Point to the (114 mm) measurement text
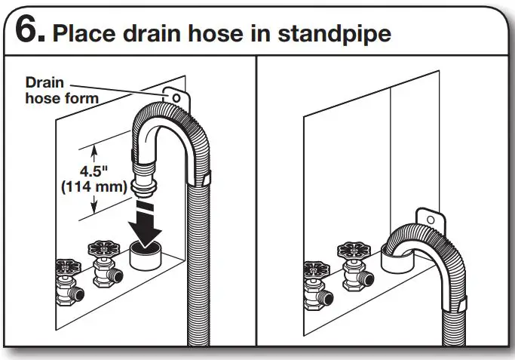[93, 187]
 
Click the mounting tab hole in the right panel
[431, 217]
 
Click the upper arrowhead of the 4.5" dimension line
[93, 148]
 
